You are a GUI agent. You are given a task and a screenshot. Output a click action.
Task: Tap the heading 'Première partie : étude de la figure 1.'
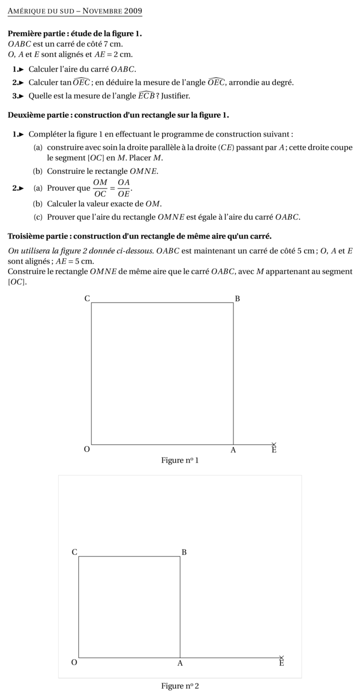(75, 33)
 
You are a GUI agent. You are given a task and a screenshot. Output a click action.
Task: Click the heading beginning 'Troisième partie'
(140, 236)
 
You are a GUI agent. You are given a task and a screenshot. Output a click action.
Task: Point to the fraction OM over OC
(100, 188)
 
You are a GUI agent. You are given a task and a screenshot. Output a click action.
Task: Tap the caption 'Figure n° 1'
(180, 460)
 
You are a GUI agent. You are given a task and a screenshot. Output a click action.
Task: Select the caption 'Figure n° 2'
(180, 686)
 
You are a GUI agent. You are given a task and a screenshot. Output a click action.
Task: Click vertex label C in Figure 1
(87, 298)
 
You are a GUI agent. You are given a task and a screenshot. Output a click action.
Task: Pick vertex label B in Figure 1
(237, 298)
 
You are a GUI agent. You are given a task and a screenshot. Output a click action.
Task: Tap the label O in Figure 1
(87, 450)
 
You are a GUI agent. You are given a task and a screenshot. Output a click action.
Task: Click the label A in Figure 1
(233, 450)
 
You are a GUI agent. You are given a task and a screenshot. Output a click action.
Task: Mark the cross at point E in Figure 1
(274, 445)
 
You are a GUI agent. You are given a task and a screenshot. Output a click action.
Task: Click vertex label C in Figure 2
(75, 552)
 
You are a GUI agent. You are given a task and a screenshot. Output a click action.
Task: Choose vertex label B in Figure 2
(184, 552)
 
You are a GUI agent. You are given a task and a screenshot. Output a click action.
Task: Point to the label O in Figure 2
(75, 662)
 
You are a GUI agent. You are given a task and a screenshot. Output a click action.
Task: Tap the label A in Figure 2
(180, 663)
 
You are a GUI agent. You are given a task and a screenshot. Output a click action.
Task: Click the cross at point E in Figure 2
(282, 657)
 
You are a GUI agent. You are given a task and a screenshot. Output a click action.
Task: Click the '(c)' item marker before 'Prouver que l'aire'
(38, 217)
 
